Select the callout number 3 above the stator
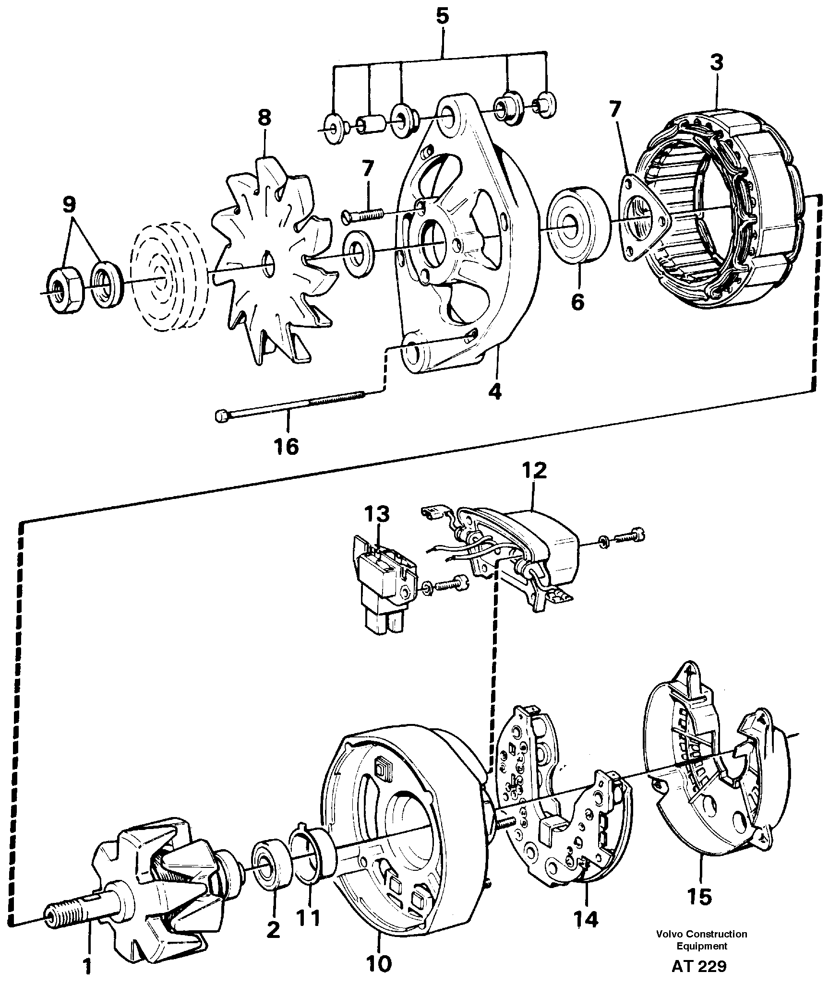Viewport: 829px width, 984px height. [716, 63]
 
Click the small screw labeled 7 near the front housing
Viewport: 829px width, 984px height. [363, 213]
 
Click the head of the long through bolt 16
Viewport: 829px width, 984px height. [221, 415]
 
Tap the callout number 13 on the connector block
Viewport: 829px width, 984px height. [376, 514]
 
